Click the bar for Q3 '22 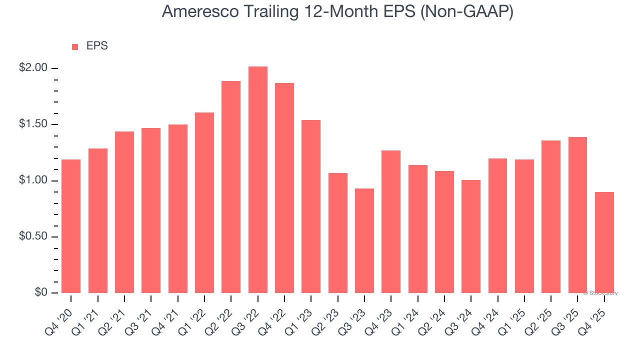[x=258, y=179]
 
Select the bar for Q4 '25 [x=604, y=242]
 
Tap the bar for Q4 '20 [x=71, y=226]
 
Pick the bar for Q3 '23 [x=364, y=240]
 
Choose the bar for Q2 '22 [x=231, y=187]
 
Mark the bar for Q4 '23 [x=391, y=221]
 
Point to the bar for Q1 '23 [x=311, y=206]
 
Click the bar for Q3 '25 [x=577, y=215]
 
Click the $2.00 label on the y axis [x=32, y=68]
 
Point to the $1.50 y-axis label [x=32, y=124]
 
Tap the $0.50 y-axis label [x=32, y=236]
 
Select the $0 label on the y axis [x=40, y=292]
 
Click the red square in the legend [x=75, y=47]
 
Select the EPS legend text [x=97, y=46]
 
